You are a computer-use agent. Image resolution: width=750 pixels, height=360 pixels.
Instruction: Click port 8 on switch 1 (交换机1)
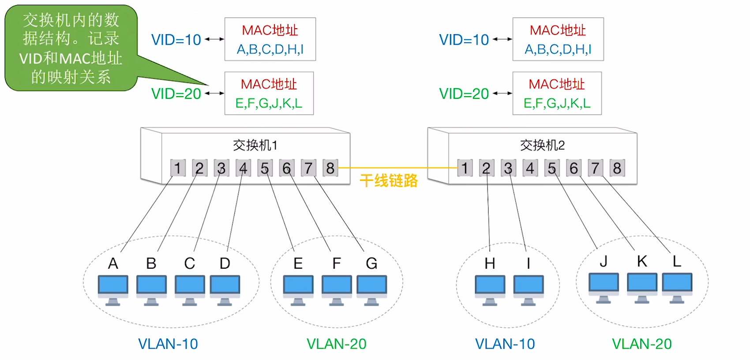click(330, 168)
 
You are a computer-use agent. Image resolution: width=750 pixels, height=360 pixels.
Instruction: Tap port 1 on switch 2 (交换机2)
click(465, 168)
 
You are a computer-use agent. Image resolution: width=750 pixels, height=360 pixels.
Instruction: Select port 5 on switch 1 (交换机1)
click(265, 168)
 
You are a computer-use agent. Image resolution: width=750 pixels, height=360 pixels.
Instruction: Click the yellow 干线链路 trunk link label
click(388, 180)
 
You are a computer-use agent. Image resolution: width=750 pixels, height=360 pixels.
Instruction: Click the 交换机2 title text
click(542, 145)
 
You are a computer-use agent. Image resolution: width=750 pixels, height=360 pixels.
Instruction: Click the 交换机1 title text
click(255, 145)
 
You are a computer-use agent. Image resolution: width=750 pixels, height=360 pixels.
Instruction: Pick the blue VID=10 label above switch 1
click(176, 40)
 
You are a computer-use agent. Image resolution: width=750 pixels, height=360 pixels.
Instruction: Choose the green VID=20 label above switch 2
click(464, 94)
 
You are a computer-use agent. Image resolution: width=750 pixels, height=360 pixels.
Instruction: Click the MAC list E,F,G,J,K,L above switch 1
click(269, 103)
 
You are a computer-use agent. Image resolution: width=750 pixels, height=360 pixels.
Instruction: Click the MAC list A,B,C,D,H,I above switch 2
click(558, 49)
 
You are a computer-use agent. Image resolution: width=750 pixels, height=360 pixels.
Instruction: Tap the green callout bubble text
click(71, 48)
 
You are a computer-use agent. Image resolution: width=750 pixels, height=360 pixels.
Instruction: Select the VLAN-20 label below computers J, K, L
click(641, 344)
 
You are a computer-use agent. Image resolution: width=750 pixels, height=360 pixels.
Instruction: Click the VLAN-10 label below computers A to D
click(168, 344)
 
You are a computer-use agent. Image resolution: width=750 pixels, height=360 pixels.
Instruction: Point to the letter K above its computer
click(642, 261)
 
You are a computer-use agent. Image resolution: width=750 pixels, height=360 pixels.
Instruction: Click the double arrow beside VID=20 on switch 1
click(214, 93)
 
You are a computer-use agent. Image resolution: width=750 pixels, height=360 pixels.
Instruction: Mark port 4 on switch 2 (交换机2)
click(530, 168)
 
